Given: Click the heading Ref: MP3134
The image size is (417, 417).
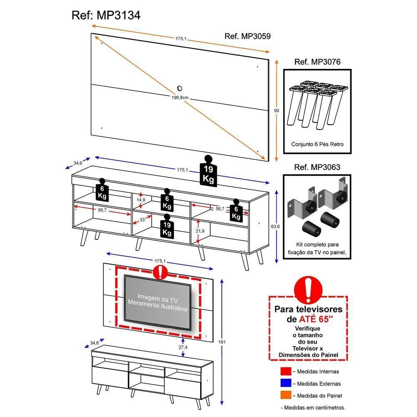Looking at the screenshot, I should pos(106,15).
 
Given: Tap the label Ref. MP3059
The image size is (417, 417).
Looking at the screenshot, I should pos(247,36).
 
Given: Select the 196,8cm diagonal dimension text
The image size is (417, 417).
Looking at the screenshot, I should pos(180,97).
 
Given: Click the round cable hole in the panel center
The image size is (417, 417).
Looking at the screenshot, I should pos(180,88).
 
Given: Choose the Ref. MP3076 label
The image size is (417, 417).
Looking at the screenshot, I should pos(317,62).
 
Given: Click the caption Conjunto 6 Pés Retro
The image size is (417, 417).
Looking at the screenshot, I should pos(317,144).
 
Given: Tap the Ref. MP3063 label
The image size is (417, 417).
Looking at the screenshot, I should pos(317,167).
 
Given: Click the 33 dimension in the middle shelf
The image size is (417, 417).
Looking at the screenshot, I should pos(142,219).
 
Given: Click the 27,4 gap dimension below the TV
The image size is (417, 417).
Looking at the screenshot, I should pos(183,347).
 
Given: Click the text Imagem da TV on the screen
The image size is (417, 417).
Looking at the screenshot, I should pos(158,300).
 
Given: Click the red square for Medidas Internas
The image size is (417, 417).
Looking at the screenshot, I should pos(285,371).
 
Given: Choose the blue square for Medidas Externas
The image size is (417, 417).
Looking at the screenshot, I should pos(285,383).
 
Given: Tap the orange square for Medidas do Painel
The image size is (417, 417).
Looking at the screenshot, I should pos(285,395).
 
